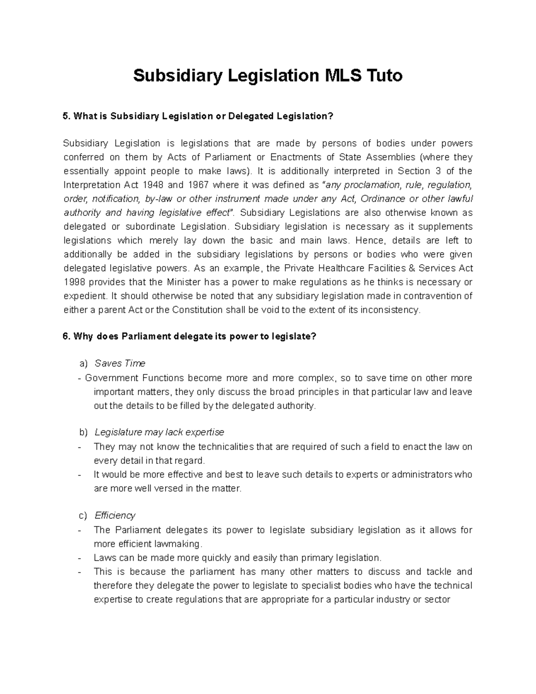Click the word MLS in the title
coord(339,76)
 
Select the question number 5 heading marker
coord(67,117)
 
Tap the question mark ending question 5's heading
coord(331,117)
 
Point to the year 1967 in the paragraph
coord(197,185)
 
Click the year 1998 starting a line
coord(74,282)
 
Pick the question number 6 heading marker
coord(67,336)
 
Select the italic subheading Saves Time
coord(120,363)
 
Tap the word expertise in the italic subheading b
coord(205,432)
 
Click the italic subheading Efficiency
coord(115,515)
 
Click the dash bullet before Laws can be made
coord(80,558)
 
